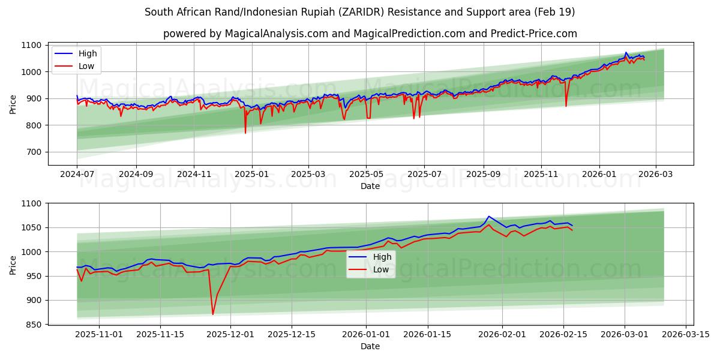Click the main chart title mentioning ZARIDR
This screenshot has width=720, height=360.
pos(360,12)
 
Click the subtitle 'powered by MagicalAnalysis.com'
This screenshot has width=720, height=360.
pos(370,34)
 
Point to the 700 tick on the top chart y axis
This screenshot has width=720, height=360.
pos(33,152)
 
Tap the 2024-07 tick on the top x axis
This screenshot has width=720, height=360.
pos(77,173)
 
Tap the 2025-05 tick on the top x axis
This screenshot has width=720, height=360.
pos(366,173)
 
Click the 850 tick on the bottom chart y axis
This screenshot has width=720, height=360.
pos(33,325)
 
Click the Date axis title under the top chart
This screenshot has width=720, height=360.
pos(370,186)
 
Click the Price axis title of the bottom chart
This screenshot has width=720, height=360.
pos(13,264)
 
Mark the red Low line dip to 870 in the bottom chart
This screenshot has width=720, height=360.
pos(212,314)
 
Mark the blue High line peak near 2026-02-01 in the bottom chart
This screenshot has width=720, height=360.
pos(488,216)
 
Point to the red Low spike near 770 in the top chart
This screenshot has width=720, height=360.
pos(245,133)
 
